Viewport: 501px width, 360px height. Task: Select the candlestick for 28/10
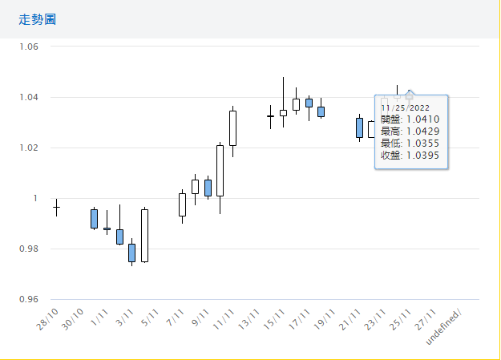[56, 208]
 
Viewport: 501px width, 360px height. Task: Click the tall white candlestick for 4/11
[144, 235]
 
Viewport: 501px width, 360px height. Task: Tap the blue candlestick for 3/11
[131, 253]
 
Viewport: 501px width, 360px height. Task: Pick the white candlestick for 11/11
[232, 127]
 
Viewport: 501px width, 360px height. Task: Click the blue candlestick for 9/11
[208, 188]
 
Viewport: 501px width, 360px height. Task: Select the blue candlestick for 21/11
[359, 127]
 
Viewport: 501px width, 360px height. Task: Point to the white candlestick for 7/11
[182, 204]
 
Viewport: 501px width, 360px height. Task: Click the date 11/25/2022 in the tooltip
[406, 107]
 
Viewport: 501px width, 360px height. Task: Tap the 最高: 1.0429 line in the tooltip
[409, 130]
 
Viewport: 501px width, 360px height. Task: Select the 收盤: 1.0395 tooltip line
[409, 154]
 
